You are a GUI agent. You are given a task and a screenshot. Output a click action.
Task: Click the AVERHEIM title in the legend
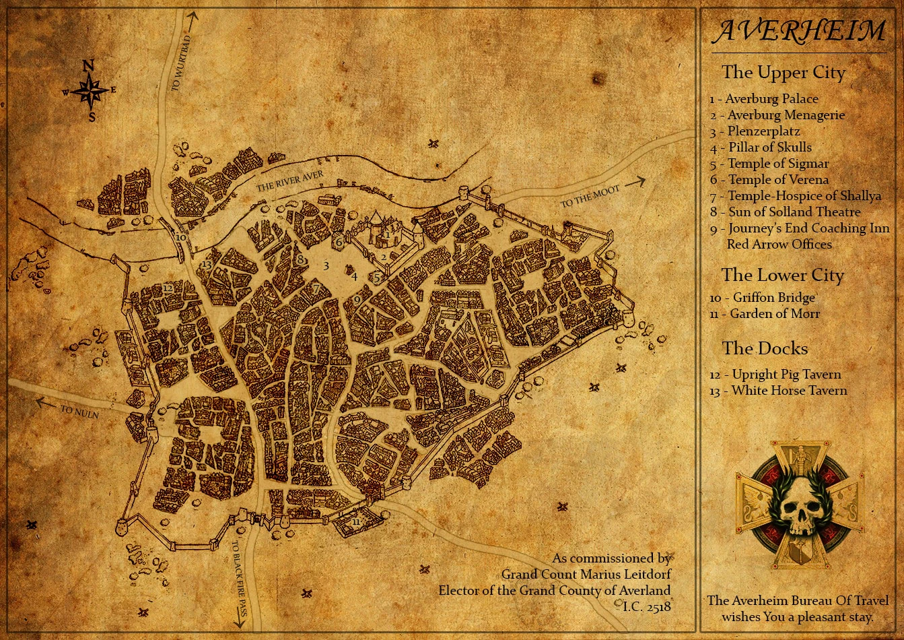point(800,31)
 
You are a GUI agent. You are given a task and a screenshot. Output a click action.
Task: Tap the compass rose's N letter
point(88,66)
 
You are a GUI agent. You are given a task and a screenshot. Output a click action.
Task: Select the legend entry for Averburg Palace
point(764,99)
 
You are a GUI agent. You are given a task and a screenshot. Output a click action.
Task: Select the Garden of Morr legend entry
point(765,313)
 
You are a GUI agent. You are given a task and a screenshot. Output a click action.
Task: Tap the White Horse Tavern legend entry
point(779,391)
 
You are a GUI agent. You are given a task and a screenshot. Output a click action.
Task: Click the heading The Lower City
point(783,275)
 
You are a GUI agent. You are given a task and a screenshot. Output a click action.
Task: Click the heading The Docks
point(765,348)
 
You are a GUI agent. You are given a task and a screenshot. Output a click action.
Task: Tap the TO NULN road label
point(79,412)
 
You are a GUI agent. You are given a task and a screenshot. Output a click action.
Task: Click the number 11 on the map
point(356,522)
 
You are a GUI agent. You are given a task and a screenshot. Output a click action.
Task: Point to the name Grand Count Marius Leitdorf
point(586,574)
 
